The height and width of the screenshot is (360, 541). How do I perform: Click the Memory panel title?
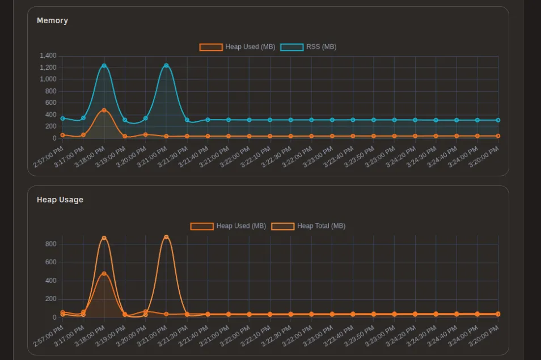pos(52,20)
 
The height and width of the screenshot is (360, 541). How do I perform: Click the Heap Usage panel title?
pos(60,200)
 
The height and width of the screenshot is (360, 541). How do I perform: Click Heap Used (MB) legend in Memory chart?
pos(237,47)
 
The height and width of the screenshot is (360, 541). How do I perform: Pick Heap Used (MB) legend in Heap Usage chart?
pos(228,226)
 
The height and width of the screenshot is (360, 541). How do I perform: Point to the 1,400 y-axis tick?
pos(48,56)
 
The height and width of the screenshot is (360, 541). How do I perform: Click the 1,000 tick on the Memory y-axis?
pos(48,79)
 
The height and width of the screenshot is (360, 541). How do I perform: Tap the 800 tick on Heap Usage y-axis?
pos(51,244)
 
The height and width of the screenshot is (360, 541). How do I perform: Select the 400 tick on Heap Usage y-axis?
pos(51,281)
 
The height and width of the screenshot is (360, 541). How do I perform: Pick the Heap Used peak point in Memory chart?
pos(104,110)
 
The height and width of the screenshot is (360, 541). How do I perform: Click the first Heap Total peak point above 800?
pos(104,238)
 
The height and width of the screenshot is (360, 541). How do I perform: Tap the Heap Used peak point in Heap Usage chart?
pos(104,273)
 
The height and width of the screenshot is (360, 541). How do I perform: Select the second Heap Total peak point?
pos(166,237)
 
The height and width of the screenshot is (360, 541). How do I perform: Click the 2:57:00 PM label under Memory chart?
pos(49,157)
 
